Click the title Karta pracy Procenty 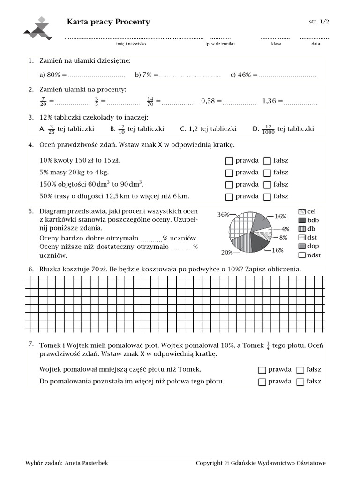(x=109, y=22)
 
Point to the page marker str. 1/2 (x=319, y=22)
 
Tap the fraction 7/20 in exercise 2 (x=44, y=101)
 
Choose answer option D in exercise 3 (x=256, y=129)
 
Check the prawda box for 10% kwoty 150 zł (x=229, y=161)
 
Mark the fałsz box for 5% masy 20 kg (x=267, y=173)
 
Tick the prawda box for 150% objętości (x=229, y=185)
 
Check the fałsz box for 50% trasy (x=267, y=197)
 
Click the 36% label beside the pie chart (x=223, y=215)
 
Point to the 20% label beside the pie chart (x=227, y=252)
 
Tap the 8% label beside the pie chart (x=284, y=238)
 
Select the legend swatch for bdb (x=302, y=220)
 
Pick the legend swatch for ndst (x=302, y=255)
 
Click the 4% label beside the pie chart (x=285, y=229)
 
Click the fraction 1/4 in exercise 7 (x=268, y=345)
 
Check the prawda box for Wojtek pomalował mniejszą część (x=262, y=370)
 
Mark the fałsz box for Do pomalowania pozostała (x=300, y=382)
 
